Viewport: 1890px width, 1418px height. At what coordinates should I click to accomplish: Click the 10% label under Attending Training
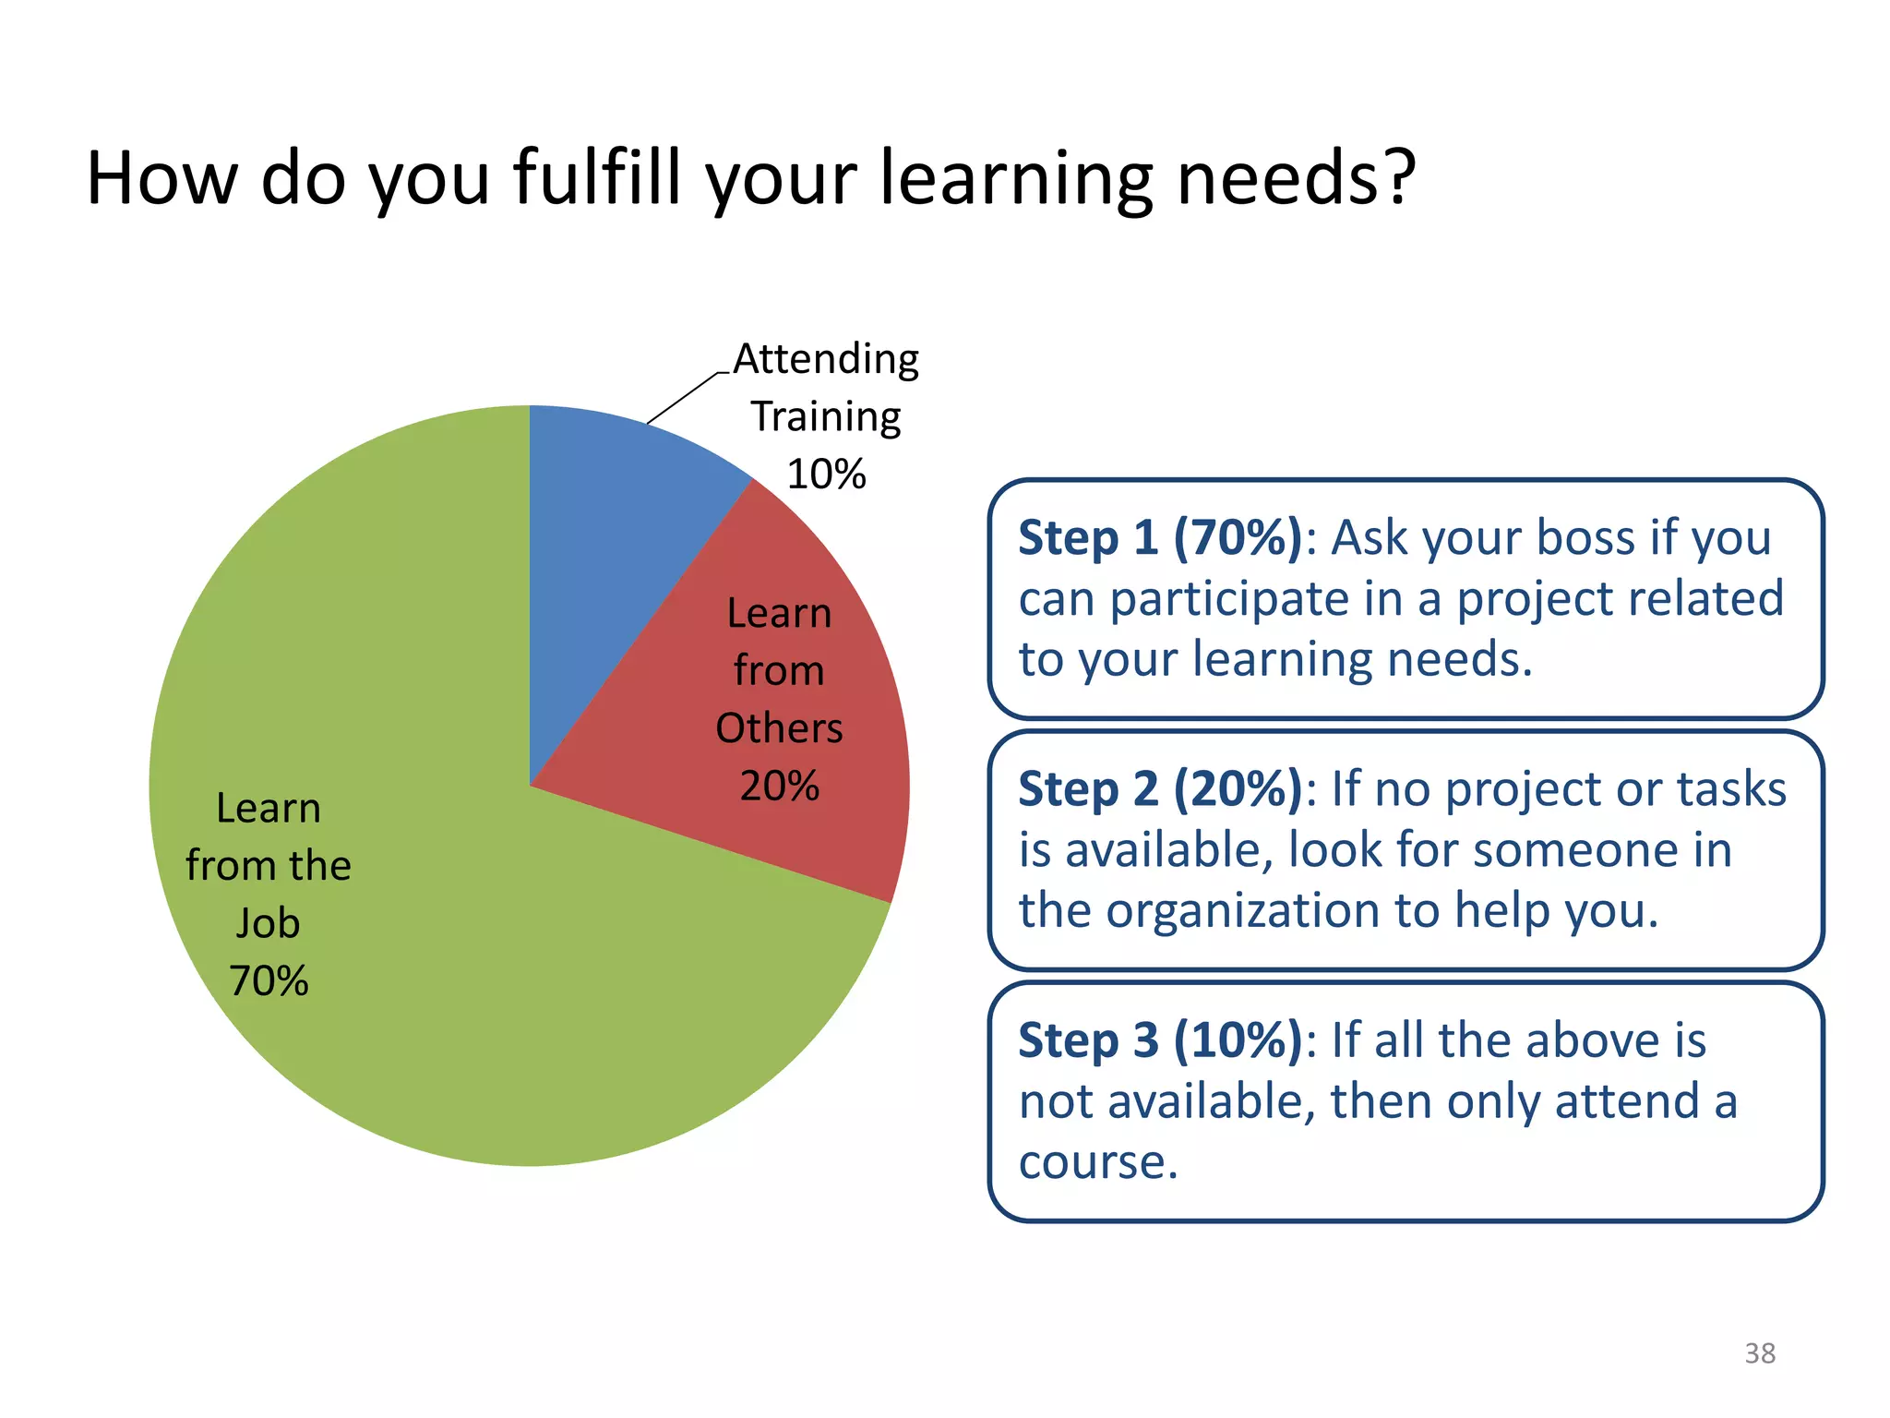[x=826, y=475]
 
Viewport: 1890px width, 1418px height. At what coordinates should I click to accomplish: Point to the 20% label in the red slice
[x=780, y=787]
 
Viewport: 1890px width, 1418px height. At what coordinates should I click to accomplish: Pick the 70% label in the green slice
[x=269, y=981]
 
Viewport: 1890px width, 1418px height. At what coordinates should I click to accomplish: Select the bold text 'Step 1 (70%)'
[x=1161, y=538]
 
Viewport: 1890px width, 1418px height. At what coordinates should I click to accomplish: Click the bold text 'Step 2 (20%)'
[x=1161, y=790]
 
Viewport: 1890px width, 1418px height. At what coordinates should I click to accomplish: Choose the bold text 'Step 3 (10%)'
[x=1161, y=1041]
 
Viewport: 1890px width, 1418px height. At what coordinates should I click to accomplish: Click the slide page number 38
[x=1760, y=1353]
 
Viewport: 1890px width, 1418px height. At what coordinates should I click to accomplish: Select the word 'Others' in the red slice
[x=780, y=728]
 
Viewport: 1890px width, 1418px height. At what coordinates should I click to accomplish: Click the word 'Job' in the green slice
[x=269, y=924]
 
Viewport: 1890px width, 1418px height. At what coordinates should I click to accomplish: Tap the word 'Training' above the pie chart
[x=826, y=417]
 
